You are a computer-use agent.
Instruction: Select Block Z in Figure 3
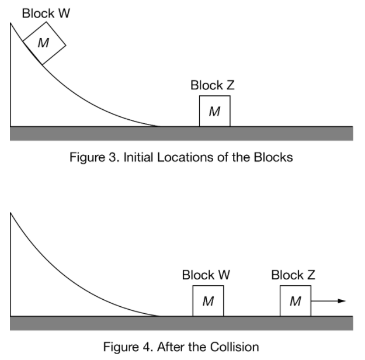[214, 111]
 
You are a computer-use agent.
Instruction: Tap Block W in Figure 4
[208, 302]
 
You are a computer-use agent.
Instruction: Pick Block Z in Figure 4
[295, 302]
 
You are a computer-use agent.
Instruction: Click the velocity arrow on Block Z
[328, 302]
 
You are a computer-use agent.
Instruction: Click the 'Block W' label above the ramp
[46, 13]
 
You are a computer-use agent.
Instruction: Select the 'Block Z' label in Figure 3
[213, 85]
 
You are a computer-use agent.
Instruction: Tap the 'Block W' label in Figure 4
[206, 275]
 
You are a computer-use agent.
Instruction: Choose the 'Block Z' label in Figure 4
[294, 275]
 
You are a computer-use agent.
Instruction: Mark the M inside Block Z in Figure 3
[214, 112]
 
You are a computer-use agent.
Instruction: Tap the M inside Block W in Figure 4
[208, 302]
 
